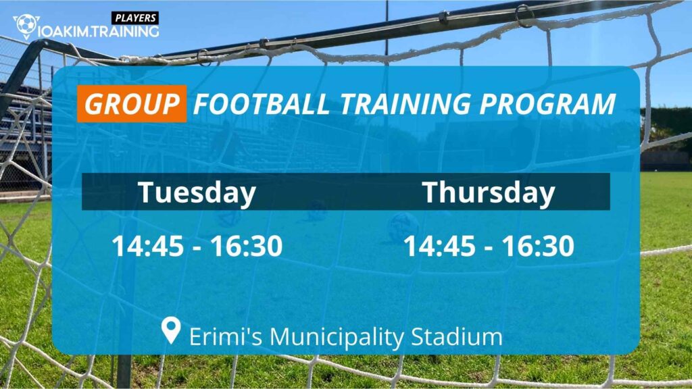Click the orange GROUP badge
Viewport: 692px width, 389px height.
132,105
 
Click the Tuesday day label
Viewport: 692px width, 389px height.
197,192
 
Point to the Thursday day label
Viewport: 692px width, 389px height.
489,192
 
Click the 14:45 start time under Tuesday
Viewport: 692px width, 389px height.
147,247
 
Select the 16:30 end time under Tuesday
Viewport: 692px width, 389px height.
246,247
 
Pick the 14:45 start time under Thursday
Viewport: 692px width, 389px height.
439,247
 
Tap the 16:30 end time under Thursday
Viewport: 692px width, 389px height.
538,247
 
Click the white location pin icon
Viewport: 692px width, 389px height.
172,331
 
